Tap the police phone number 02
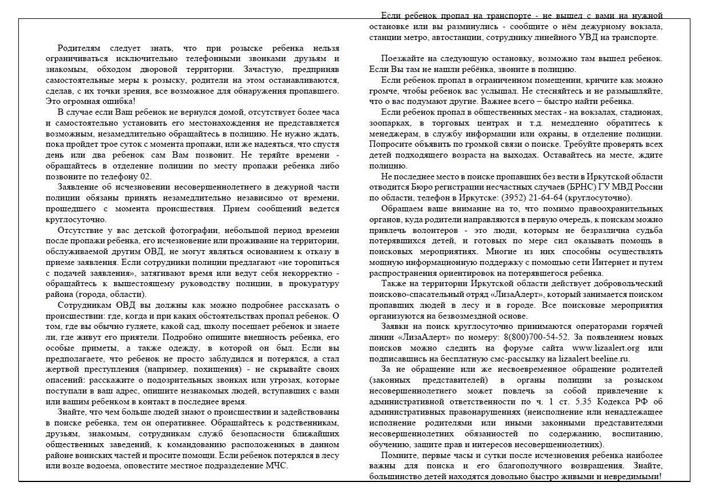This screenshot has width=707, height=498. pos(146,176)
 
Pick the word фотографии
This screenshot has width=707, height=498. pos(191,230)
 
